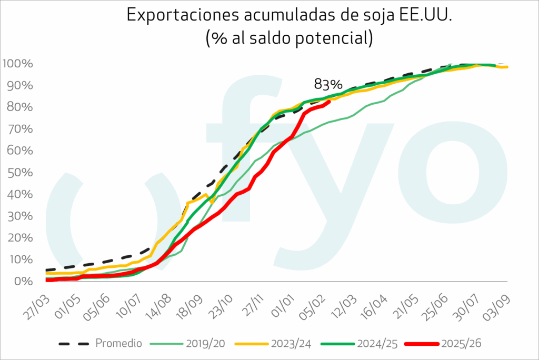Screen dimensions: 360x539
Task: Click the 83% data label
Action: click(328, 84)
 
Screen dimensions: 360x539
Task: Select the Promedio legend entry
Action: click(118, 344)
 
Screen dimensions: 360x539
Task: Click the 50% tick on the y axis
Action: click(21, 173)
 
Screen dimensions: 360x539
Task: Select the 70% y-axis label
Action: click(21, 129)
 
